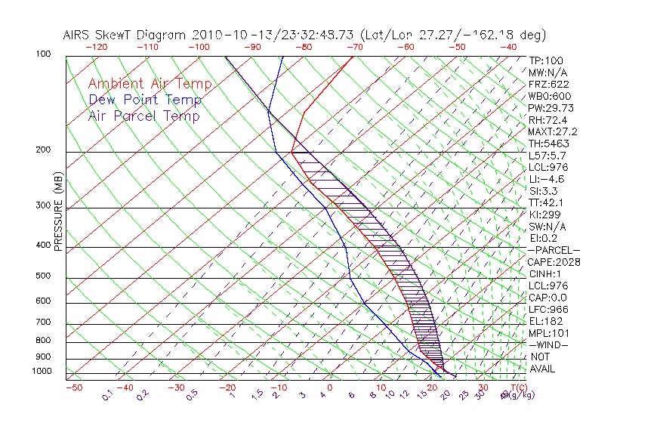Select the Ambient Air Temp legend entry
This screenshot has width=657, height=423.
coord(150,84)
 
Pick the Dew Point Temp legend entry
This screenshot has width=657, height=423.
coord(145,100)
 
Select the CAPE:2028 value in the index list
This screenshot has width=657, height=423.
coord(555,262)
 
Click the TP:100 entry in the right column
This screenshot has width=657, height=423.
coord(546,60)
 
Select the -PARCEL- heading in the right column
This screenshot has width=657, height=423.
coord(554,250)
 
